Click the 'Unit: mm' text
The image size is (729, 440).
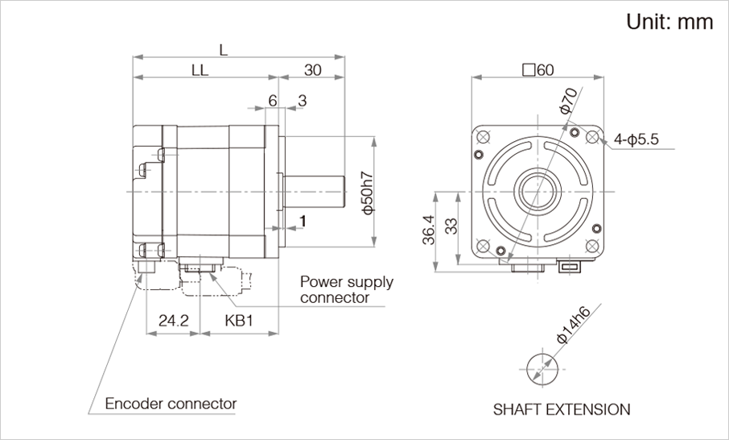coord(669,23)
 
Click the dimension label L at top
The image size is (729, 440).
coord(223,49)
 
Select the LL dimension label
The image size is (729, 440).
coord(200,70)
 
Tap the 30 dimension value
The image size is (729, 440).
coord(312,70)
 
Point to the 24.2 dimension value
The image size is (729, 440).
coord(173,321)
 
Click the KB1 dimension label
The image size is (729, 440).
coord(239,321)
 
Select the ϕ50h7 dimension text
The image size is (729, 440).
coord(366,193)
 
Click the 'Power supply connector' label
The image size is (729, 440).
coord(346,289)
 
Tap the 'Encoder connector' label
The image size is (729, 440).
coord(171,403)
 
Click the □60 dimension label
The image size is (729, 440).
coord(537,70)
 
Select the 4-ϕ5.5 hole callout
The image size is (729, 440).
coord(636,139)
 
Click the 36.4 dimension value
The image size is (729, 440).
coord(428,230)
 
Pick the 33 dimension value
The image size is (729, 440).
coord(451,226)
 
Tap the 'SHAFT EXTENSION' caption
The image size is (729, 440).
coord(562,409)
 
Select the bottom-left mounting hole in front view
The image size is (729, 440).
coord(483,246)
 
